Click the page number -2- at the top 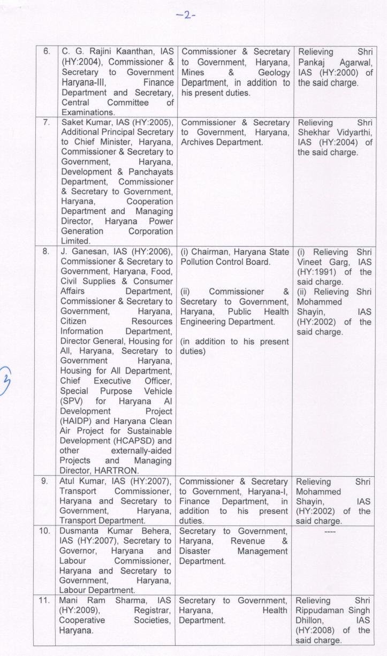point(193,14)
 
